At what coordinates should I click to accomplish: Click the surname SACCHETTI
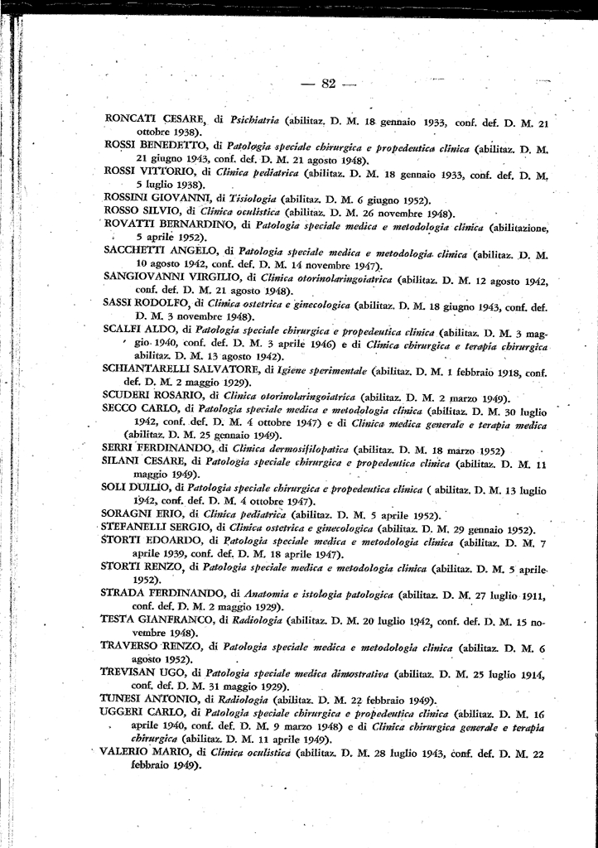tap(135, 251)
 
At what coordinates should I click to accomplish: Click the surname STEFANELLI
tap(138, 528)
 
